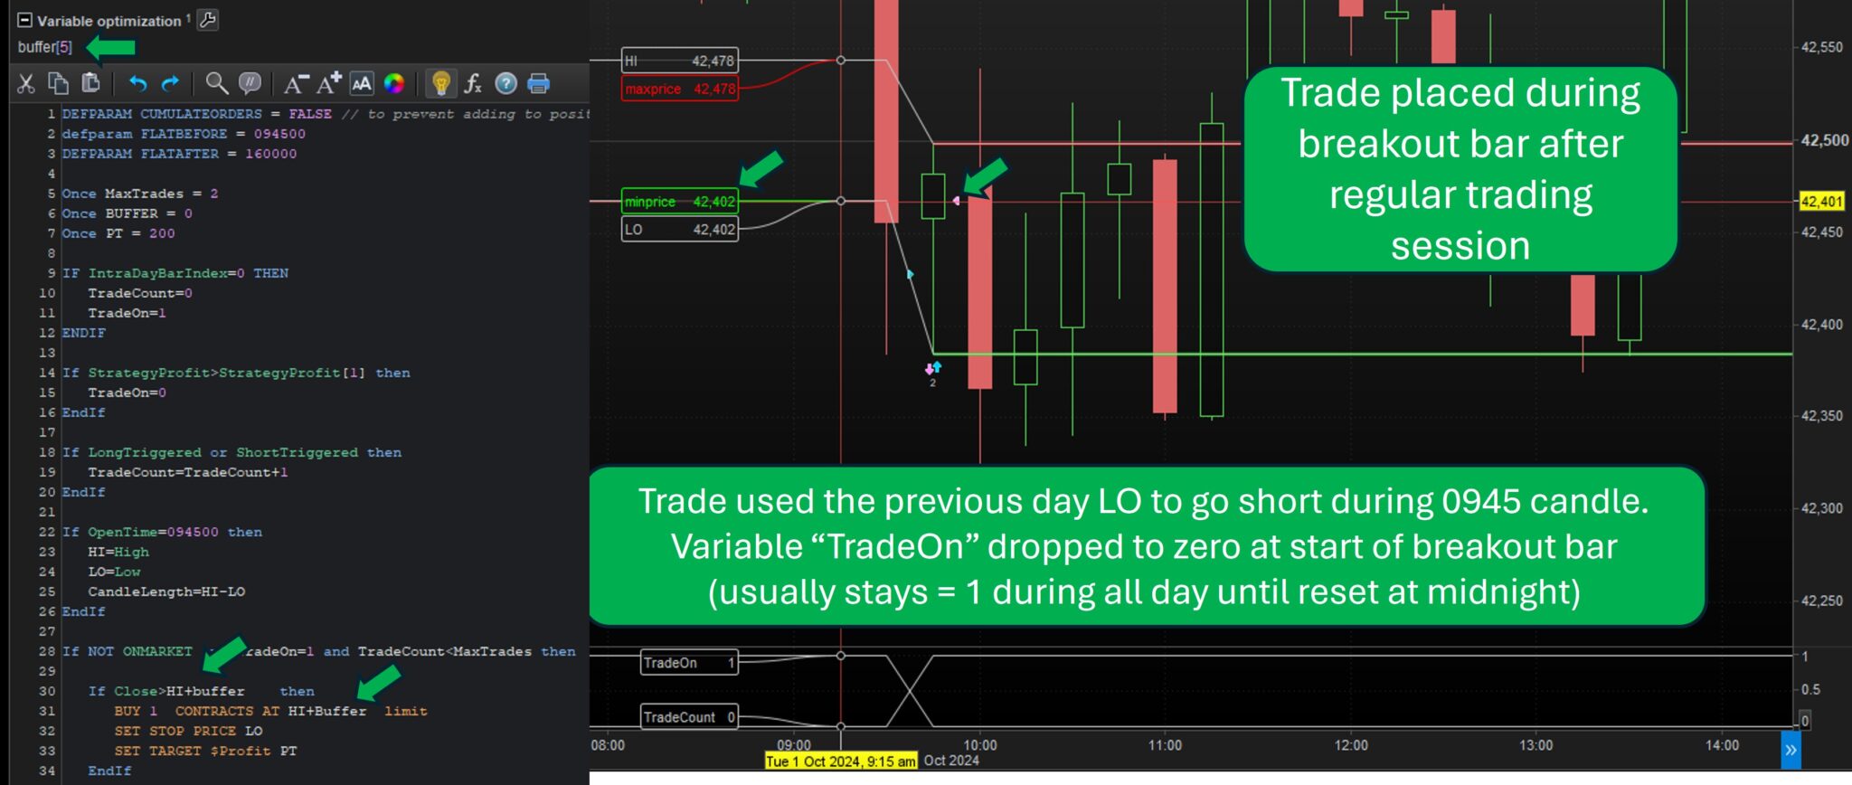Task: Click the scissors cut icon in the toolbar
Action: pos(26,84)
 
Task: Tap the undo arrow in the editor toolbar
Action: pos(137,84)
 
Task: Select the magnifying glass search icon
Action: pos(216,84)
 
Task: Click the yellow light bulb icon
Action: pos(441,84)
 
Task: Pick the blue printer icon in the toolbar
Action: pos(538,84)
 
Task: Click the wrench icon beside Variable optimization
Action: pos(208,20)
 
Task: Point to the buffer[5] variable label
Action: pos(44,47)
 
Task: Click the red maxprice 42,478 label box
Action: pos(680,89)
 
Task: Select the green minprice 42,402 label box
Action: pos(680,202)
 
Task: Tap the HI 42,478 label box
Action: pos(680,61)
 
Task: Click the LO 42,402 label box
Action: pos(680,230)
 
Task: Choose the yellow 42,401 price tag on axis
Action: pos(1821,202)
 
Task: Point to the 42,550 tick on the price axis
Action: pos(1821,47)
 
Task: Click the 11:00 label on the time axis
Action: pos(1165,745)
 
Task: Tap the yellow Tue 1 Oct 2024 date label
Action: pos(841,761)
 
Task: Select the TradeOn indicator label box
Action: pos(689,663)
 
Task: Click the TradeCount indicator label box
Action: pos(689,717)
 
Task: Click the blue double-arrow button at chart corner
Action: pos(1791,751)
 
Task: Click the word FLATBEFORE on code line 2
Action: pos(184,134)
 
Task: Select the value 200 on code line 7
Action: pos(163,233)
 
